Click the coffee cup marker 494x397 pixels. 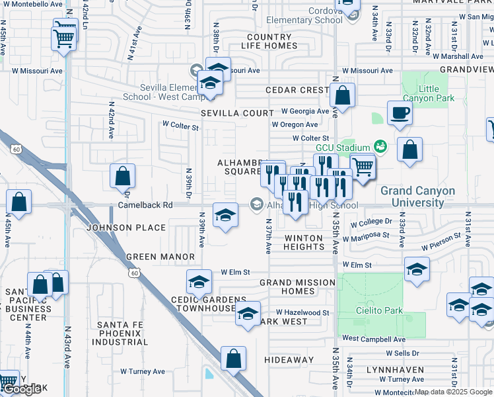[400, 112]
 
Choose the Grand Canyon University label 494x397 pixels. [417, 197]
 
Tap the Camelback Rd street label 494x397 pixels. [145, 206]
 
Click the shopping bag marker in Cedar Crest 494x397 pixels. [342, 95]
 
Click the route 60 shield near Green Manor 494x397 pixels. [135, 272]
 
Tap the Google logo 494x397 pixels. [22, 390]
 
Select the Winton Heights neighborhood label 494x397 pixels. [304, 242]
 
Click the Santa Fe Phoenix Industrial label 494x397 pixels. [122, 333]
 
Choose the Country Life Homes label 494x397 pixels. [269, 41]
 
